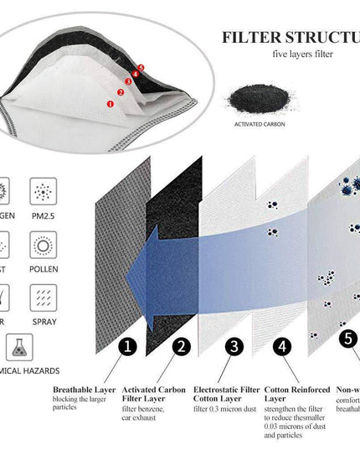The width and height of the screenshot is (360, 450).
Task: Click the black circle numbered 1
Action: [127, 346]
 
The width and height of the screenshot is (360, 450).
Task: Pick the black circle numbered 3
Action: [235, 346]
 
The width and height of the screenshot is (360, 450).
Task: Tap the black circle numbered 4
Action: [284, 346]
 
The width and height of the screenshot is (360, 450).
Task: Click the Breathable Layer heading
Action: [84, 390]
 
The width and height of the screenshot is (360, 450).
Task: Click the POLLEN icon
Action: [44, 244]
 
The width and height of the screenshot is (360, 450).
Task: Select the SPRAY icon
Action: [44, 297]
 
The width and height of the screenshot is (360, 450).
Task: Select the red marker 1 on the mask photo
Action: [111, 102]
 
